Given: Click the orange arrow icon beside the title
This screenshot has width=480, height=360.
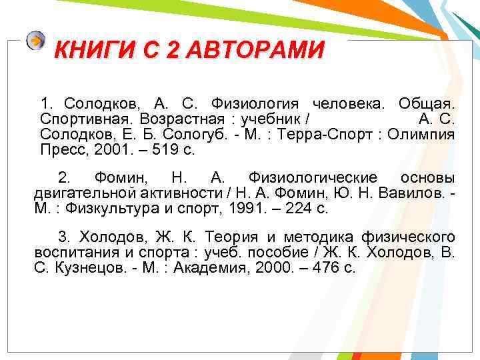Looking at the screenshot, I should pyautogui.click(x=36, y=41).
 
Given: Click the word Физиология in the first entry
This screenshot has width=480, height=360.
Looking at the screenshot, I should pyautogui.click(x=254, y=104).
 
